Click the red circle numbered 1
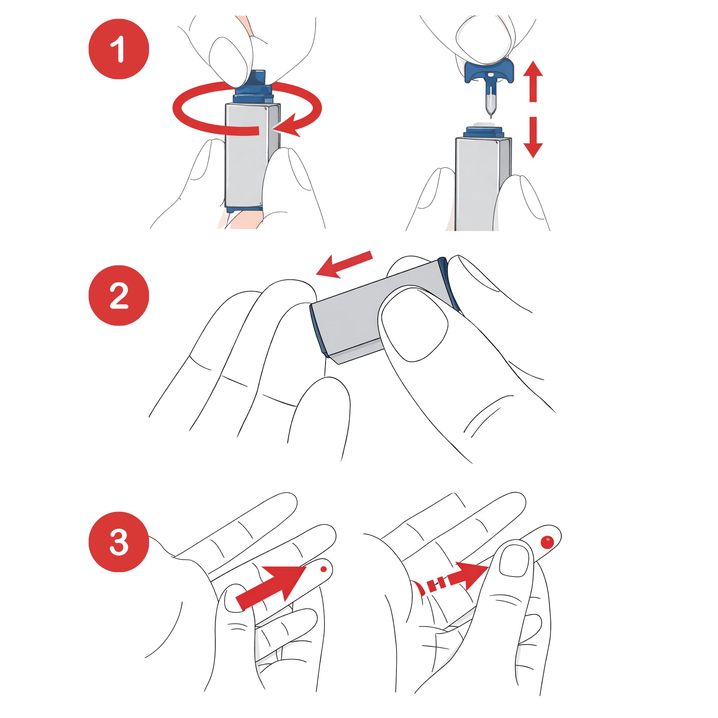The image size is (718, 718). click(118, 49)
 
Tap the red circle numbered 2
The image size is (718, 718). click(118, 296)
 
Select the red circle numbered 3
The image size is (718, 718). click(118, 542)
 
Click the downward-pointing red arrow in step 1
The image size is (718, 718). click(533, 137)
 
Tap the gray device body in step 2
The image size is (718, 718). click(353, 320)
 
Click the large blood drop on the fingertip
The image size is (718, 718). click(547, 542)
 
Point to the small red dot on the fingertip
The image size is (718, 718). click(323, 569)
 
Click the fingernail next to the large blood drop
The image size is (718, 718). click(514, 561)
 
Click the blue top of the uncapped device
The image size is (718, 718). click(483, 131)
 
